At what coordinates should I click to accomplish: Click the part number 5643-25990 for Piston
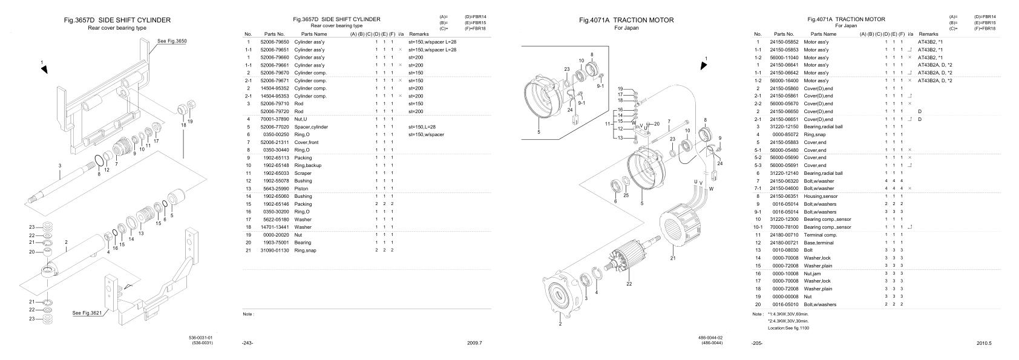275,189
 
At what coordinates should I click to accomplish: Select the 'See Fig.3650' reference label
172,41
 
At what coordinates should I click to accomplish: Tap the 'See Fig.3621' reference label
87,313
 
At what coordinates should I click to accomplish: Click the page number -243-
247,343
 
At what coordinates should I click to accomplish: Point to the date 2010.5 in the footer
984,343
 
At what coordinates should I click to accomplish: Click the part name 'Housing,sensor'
820,196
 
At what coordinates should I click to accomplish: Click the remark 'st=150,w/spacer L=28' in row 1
432,42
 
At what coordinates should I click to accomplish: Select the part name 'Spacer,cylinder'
311,127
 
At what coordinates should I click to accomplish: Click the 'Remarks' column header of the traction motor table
928,34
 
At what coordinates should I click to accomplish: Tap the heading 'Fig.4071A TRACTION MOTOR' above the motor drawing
626,20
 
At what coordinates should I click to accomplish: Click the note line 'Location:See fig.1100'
788,328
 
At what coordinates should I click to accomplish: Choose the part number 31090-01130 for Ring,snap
275,250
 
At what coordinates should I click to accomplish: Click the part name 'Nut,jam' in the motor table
812,273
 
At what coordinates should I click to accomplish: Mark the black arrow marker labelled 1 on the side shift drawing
44,70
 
